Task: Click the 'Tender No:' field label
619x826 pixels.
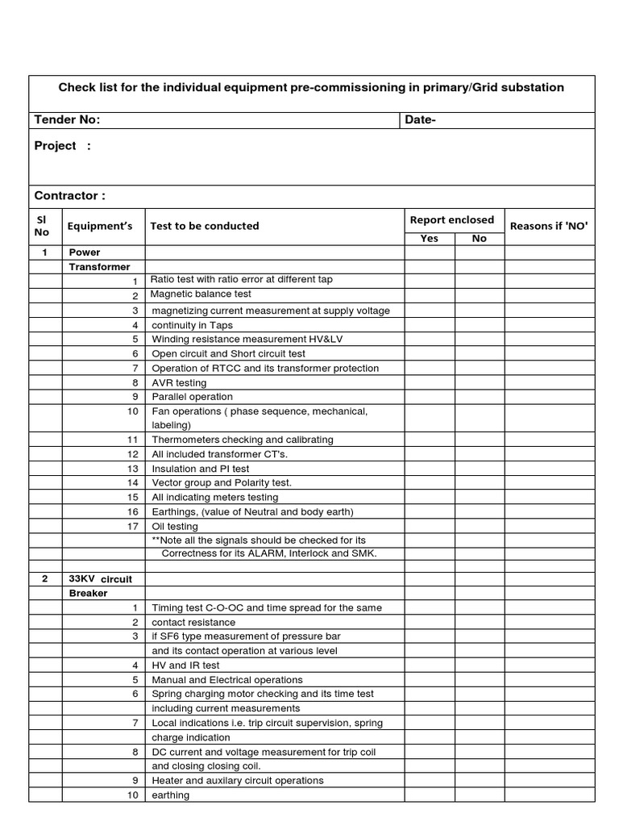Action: [67, 120]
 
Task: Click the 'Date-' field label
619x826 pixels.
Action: [420, 120]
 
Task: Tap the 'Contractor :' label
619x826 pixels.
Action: [69, 196]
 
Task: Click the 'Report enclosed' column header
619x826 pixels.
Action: [452, 219]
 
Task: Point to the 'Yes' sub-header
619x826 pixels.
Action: [430, 239]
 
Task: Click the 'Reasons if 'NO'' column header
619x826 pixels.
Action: [549, 226]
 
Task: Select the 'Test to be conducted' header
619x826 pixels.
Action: [204, 226]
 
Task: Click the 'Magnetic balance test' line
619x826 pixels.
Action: [201, 294]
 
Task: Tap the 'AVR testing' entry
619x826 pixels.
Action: [179, 382]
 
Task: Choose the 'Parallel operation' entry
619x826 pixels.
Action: [192, 397]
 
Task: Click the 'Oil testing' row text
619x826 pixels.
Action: [175, 527]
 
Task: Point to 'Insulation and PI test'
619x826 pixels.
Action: [201, 469]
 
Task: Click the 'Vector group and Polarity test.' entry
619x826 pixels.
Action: [222, 483]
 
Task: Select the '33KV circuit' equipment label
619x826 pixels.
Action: [100, 579]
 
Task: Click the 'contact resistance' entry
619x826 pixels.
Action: [193, 623]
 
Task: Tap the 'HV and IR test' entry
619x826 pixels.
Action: [185, 665]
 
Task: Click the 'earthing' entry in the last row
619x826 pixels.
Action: [171, 795]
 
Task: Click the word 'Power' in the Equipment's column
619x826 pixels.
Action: [85, 252]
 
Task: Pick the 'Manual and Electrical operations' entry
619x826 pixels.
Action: [227, 680]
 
